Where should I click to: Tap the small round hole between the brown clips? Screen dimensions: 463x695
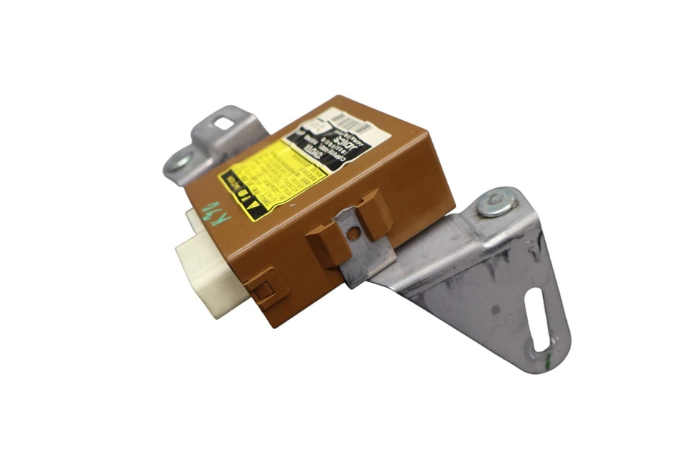click(x=353, y=233)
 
